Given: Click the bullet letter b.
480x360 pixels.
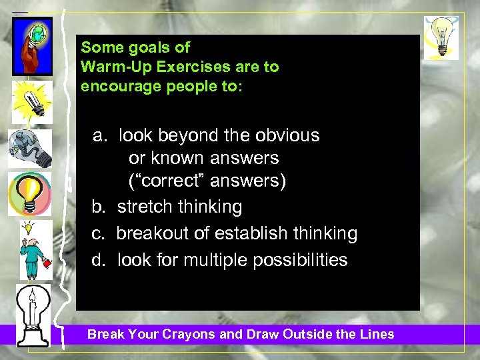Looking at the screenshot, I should (99, 207).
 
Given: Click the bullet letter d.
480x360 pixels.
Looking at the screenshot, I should (99, 259).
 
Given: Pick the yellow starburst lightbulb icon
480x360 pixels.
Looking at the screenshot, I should (31, 101).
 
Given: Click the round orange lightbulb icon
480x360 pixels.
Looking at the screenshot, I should (29, 194).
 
